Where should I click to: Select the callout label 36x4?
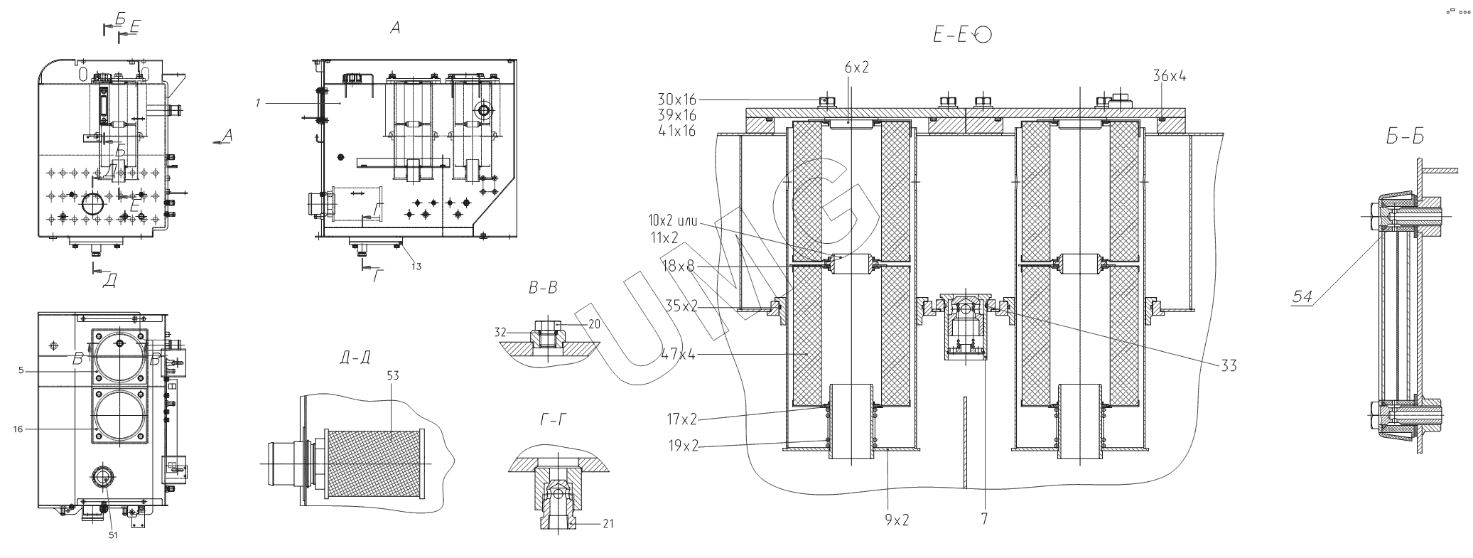(1170, 76)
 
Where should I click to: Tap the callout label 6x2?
(857, 68)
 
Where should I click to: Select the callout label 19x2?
(682, 446)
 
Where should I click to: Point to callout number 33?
(1229, 365)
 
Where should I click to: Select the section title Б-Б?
(1404, 136)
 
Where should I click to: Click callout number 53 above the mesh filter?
(392, 375)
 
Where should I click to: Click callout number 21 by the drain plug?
(608, 524)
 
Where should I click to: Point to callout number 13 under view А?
(416, 267)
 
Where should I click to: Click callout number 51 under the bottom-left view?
(113, 535)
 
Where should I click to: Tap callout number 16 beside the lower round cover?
(18, 429)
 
